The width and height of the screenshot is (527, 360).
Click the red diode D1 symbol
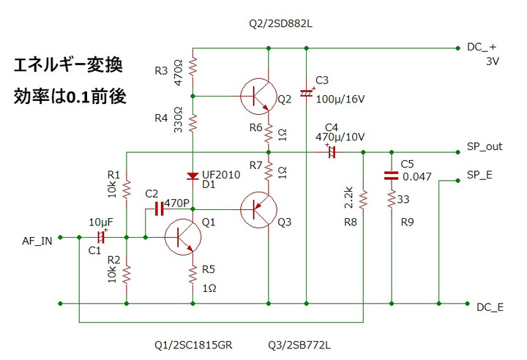(193, 176)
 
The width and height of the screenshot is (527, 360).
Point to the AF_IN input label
(37, 241)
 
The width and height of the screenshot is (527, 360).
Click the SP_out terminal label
(485, 146)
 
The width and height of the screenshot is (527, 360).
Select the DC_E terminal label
(490, 307)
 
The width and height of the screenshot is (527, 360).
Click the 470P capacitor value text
(178, 202)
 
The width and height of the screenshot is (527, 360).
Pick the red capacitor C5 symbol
(392, 175)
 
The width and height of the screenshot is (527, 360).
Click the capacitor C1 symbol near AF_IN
(102, 237)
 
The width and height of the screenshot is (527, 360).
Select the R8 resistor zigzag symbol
(364, 198)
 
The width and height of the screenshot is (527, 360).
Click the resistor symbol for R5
(193, 274)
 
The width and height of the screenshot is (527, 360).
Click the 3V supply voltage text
(492, 61)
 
